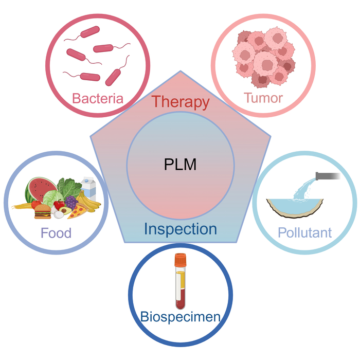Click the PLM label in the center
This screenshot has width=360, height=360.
180,165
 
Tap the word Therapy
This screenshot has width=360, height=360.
181,101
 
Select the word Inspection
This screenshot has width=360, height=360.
180,228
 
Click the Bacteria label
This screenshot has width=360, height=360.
98,98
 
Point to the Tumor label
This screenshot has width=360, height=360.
263,98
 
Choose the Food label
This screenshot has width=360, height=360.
56,233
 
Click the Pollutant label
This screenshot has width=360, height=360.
305,233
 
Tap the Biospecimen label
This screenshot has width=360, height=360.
180,316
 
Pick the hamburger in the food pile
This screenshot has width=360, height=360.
42,211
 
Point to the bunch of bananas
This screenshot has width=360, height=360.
91,204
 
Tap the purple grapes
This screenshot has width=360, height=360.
70,202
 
